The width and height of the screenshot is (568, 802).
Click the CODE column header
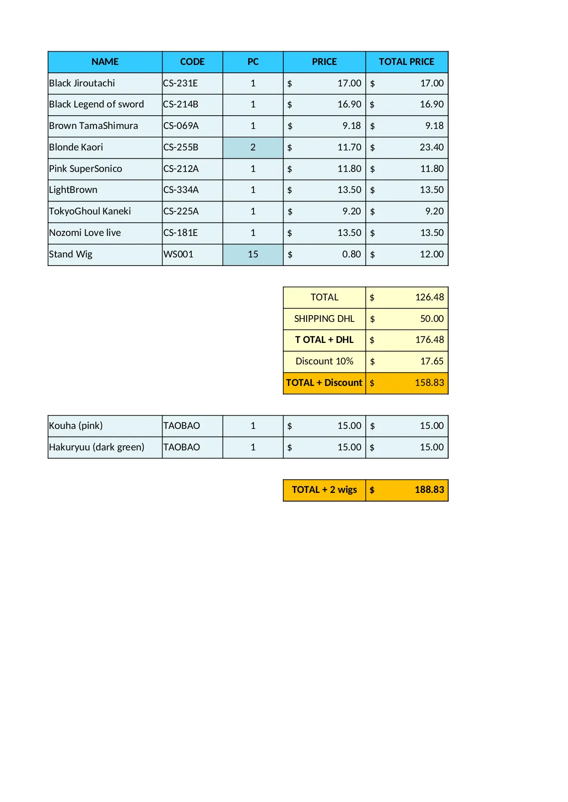[x=192, y=62]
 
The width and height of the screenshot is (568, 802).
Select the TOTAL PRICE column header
[x=406, y=62]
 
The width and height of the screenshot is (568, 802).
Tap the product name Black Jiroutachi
[x=82, y=83]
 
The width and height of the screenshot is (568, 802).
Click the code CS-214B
[x=181, y=104]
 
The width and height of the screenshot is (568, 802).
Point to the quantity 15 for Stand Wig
[x=253, y=254]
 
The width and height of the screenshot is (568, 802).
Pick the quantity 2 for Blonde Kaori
[x=253, y=147]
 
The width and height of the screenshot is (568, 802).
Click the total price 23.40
[x=432, y=147]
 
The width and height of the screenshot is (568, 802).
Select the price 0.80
[x=352, y=254]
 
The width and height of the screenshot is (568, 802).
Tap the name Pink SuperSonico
[x=86, y=169]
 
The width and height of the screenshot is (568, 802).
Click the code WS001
[x=179, y=254]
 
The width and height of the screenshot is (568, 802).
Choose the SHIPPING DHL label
[x=324, y=319]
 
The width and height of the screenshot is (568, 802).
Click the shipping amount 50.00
[x=432, y=319]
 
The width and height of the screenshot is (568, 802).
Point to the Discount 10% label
[x=324, y=361]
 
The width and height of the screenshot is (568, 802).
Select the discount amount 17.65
[x=432, y=361]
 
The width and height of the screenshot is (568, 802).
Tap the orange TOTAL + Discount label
[x=324, y=383]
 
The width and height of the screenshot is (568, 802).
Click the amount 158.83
[x=429, y=383]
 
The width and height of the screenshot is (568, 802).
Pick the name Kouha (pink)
[x=76, y=426]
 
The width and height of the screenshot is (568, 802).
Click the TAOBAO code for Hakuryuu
[x=182, y=447]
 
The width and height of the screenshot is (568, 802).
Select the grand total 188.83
[x=429, y=490]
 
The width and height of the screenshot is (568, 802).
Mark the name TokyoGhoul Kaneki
[x=90, y=211]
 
